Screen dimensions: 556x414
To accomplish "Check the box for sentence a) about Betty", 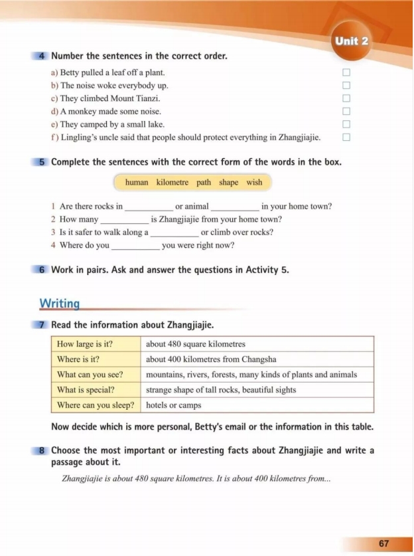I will tap(346, 72).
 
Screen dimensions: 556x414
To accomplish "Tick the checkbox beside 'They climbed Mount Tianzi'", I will tap(346, 98).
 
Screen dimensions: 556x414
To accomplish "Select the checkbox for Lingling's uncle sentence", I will tap(346, 138).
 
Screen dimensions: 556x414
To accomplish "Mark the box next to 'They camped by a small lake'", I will tap(346, 124).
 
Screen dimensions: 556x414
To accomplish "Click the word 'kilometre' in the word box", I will tap(172, 183).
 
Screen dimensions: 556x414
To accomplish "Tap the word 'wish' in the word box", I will tap(254, 183).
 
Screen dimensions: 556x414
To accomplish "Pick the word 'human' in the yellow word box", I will tap(137, 183).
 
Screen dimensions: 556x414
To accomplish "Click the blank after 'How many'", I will tap(125, 220).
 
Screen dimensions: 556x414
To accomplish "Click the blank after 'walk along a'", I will tap(174, 232).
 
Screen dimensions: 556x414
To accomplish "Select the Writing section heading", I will tap(60, 304).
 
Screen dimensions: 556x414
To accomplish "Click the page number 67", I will tap(384, 542).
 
